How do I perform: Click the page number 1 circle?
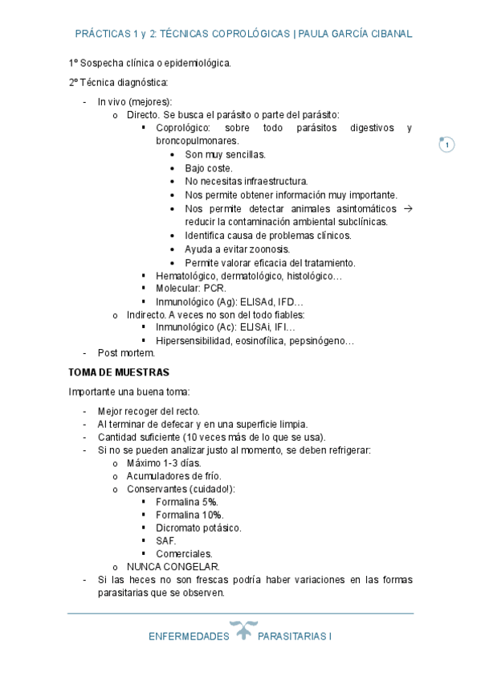447,145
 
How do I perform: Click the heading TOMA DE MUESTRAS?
119,373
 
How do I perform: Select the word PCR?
215,288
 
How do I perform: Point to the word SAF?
166,540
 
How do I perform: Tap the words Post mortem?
126,353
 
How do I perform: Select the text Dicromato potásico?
198,528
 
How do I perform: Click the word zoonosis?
269,249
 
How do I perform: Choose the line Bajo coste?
209,168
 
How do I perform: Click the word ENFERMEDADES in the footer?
189,636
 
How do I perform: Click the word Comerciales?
185,553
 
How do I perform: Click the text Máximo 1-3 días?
164,462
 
